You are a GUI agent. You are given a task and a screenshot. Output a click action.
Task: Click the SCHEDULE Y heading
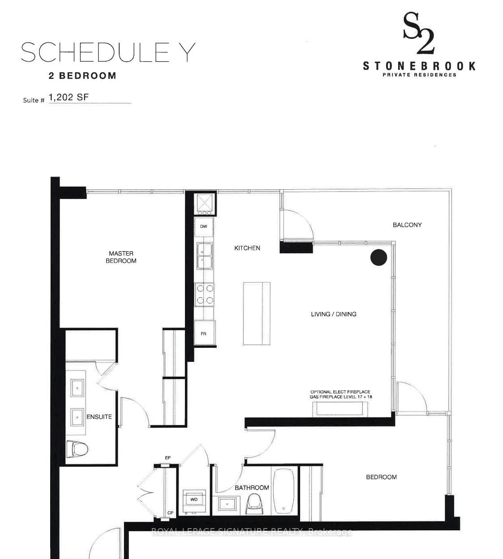(x=108, y=53)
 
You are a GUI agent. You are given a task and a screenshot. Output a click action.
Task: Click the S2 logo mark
(x=419, y=34)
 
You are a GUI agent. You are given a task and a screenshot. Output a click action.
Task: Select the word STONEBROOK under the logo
(x=419, y=66)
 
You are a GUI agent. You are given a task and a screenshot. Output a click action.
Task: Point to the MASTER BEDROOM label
(x=121, y=257)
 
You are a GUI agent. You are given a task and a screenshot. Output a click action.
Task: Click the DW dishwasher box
(x=204, y=226)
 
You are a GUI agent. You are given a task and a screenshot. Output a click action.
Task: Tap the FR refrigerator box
(x=204, y=333)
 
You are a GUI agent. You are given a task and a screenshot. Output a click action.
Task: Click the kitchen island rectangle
(x=257, y=313)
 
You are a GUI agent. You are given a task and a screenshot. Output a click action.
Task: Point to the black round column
(x=378, y=257)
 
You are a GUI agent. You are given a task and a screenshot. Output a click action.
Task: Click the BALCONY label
(x=407, y=225)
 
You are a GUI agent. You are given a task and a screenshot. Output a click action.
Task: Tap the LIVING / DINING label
(x=334, y=314)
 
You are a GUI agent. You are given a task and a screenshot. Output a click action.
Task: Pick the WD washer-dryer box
(x=194, y=499)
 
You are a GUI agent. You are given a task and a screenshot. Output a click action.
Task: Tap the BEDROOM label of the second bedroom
(x=381, y=477)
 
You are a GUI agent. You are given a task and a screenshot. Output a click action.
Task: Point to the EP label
(x=168, y=457)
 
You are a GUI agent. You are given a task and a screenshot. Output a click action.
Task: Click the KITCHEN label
(x=247, y=248)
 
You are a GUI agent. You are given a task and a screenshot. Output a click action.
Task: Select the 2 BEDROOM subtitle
(x=82, y=76)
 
